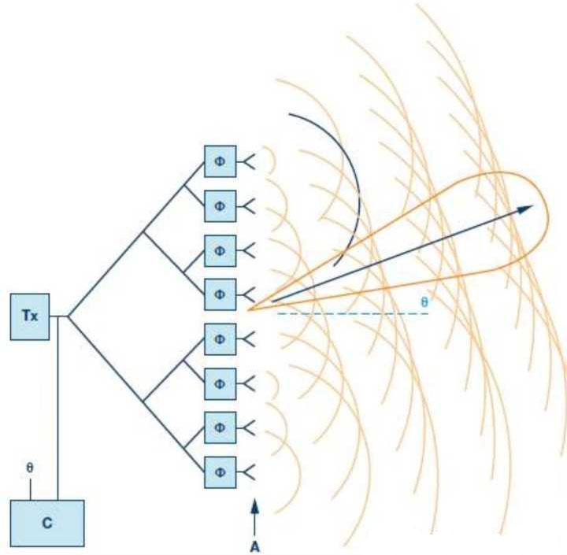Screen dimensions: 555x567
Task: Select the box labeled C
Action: tap(46, 524)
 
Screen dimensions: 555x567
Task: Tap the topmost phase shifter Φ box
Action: tap(220, 162)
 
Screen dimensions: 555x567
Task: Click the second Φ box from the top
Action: tap(220, 206)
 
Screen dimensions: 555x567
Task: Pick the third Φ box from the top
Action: tap(220, 250)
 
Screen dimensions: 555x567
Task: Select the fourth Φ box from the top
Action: tap(220, 294)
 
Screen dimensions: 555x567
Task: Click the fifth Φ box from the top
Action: tap(220, 339)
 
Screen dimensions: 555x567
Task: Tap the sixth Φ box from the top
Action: tap(220, 383)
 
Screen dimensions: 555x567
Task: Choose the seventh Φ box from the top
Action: tap(220, 427)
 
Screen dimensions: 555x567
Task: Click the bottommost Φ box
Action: tap(220, 472)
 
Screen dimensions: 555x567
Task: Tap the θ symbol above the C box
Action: tap(30, 467)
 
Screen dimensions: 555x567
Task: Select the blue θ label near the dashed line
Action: tap(424, 302)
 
